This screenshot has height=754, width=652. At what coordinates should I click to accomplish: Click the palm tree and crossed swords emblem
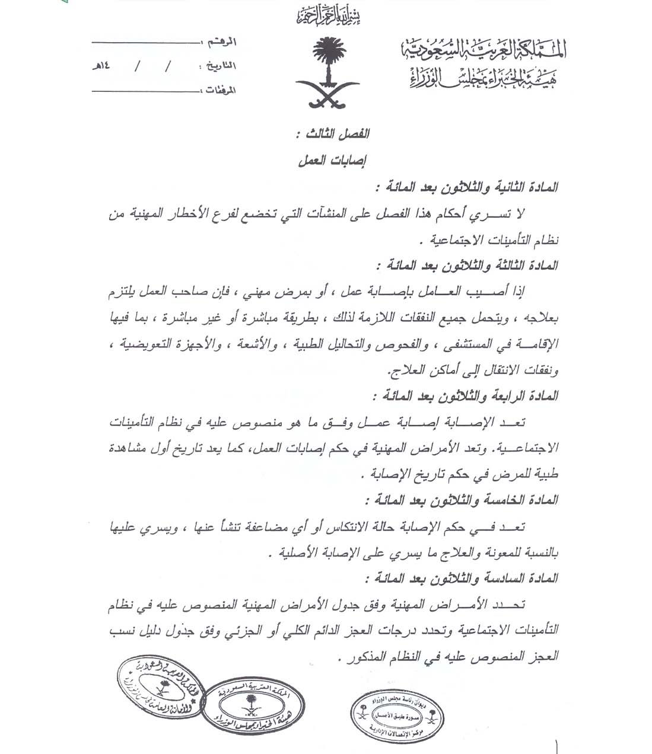point(326,72)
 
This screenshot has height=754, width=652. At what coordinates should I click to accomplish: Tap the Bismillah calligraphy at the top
point(328,16)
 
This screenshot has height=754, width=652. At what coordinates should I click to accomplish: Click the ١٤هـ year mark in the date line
point(100,66)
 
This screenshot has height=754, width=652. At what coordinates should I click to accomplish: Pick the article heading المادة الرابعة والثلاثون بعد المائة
point(466,396)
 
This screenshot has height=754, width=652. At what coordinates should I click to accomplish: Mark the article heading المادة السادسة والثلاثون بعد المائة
point(463,579)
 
